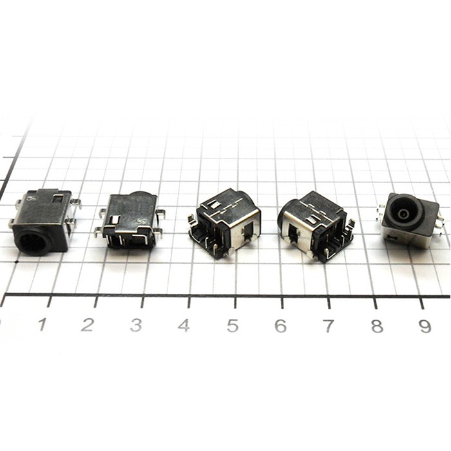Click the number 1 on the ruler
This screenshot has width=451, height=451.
click(x=43, y=324)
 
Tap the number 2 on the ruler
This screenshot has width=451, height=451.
click(x=88, y=325)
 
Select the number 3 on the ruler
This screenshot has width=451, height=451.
click(x=136, y=325)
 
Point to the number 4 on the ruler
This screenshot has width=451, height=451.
click(x=184, y=325)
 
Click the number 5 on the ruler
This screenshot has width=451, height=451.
click(x=233, y=325)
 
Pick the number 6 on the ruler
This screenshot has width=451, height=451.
click(x=280, y=325)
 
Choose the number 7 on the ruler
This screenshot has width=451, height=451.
click(x=328, y=326)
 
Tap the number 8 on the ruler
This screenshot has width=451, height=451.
click(x=377, y=326)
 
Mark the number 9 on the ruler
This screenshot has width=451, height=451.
click(x=425, y=327)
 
